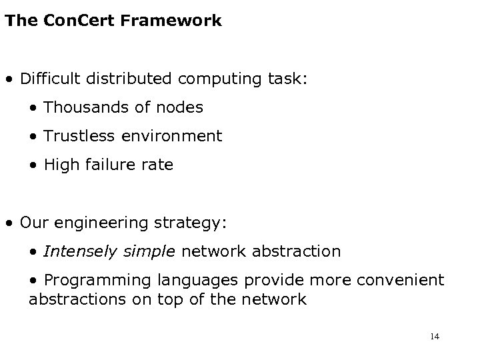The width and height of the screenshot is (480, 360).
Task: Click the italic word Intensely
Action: pos(77,251)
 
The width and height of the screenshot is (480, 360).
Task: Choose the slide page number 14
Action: pos(435,337)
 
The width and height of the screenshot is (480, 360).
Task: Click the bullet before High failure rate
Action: pos(33,165)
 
